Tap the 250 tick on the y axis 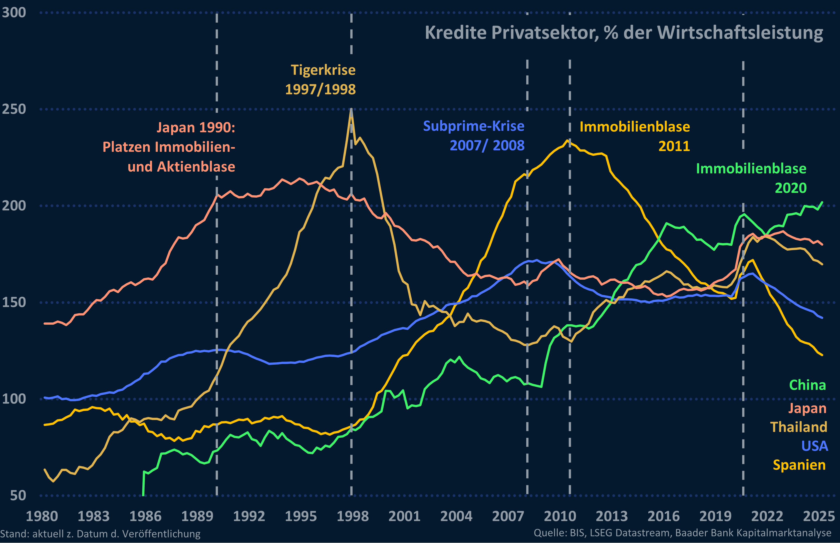click(14, 109)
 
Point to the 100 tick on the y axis click(14, 399)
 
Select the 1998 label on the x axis click(352, 516)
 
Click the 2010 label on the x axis click(560, 516)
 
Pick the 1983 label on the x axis click(93, 516)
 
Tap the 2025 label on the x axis click(819, 516)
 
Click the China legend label click(807, 385)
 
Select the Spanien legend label click(799, 465)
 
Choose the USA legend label click(815, 446)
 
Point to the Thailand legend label click(798, 427)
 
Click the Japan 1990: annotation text click(196, 127)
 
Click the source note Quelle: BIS click(682, 533)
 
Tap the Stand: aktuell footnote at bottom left click(100, 534)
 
